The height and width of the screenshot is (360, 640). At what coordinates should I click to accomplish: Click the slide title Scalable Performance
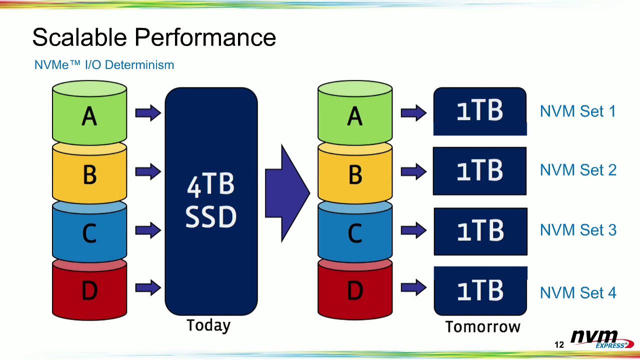click(154, 37)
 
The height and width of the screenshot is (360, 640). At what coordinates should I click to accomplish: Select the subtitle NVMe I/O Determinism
click(104, 65)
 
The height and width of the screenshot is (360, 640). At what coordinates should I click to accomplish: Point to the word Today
click(208, 325)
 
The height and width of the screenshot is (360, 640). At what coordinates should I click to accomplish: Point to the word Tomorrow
click(482, 327)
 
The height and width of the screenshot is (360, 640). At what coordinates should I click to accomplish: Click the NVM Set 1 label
click(578, 111)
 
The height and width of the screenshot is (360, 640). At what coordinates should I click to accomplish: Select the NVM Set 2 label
click(578, 170)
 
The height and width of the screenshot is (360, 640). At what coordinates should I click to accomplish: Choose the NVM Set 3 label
click(578, 230)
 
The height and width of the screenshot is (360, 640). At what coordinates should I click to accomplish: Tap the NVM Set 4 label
click(578, 292)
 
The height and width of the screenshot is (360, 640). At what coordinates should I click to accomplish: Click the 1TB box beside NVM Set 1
click(479, 111)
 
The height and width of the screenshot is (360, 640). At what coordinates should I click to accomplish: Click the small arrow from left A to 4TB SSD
click(148, 113)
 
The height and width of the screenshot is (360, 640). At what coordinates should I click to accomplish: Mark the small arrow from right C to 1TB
click(413, 230)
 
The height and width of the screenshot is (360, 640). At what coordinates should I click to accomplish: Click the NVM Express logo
click(601, 339)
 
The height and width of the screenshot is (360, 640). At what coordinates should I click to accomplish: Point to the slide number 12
click(559, 345)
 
